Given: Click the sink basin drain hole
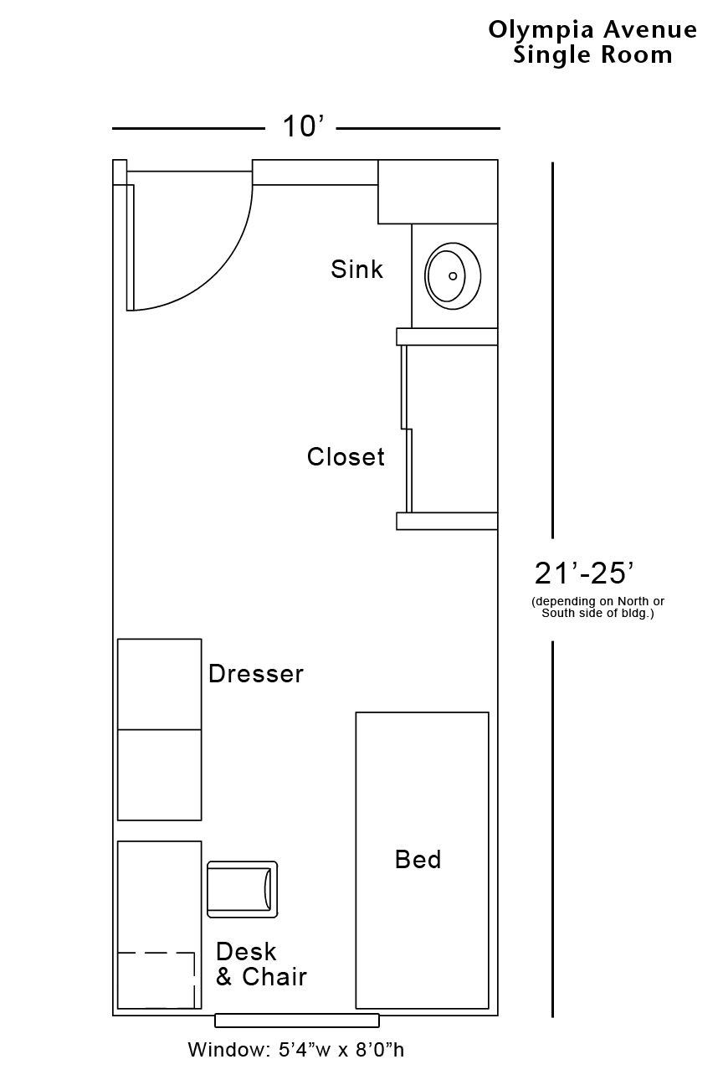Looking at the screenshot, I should coord(453,275).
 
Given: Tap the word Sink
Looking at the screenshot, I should coord(356,270).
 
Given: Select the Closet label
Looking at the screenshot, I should coord(346,457).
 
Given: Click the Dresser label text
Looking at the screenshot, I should coord(255,674).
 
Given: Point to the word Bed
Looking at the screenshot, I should coord(418,860).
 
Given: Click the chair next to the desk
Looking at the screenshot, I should coord(242,889).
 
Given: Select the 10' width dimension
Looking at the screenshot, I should coord(302,127).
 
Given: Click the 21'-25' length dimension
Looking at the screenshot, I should coord(583,574).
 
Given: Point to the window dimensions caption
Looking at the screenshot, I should coord(295,1050).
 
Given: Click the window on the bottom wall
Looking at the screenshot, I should coord(297,1021).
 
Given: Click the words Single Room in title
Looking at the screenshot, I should coord(592,55).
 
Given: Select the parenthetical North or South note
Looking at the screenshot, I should coord(597,608).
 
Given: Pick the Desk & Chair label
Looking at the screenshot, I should coord(261,964).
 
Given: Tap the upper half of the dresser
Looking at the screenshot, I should coord(159,684).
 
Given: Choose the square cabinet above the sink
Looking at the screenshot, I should coord(438,192).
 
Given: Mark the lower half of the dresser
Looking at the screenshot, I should coord(159,774).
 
